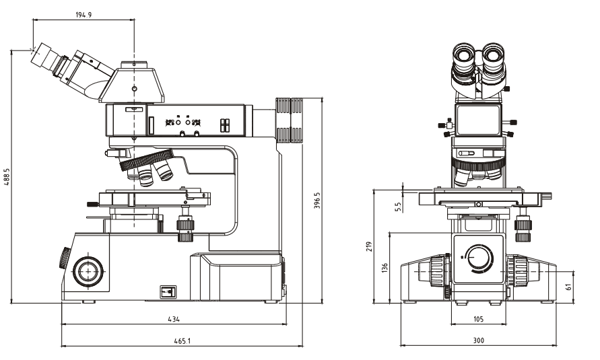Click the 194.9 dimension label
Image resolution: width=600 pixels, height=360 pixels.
pyautogui.click(x=84, y=14)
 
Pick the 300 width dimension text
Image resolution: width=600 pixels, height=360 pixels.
pyautogui.click(x=479, y=341)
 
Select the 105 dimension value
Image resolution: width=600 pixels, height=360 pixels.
pyautogui.click(x=479, y=318)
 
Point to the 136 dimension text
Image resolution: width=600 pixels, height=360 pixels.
pyautogui.click(x=385, y=267)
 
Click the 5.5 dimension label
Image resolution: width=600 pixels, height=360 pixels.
pyautogui.click(x=399, y=207)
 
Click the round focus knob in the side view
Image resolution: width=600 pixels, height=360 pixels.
pyautogui.click(x=86, y=271)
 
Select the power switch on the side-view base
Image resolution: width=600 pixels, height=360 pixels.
pyautogui.click(x=168, y=291)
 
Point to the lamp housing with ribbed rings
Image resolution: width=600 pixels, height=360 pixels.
pyautogui.click(x=291, y=121)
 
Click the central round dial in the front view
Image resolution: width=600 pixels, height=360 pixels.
pyautogui.click(x=479, y=258)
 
